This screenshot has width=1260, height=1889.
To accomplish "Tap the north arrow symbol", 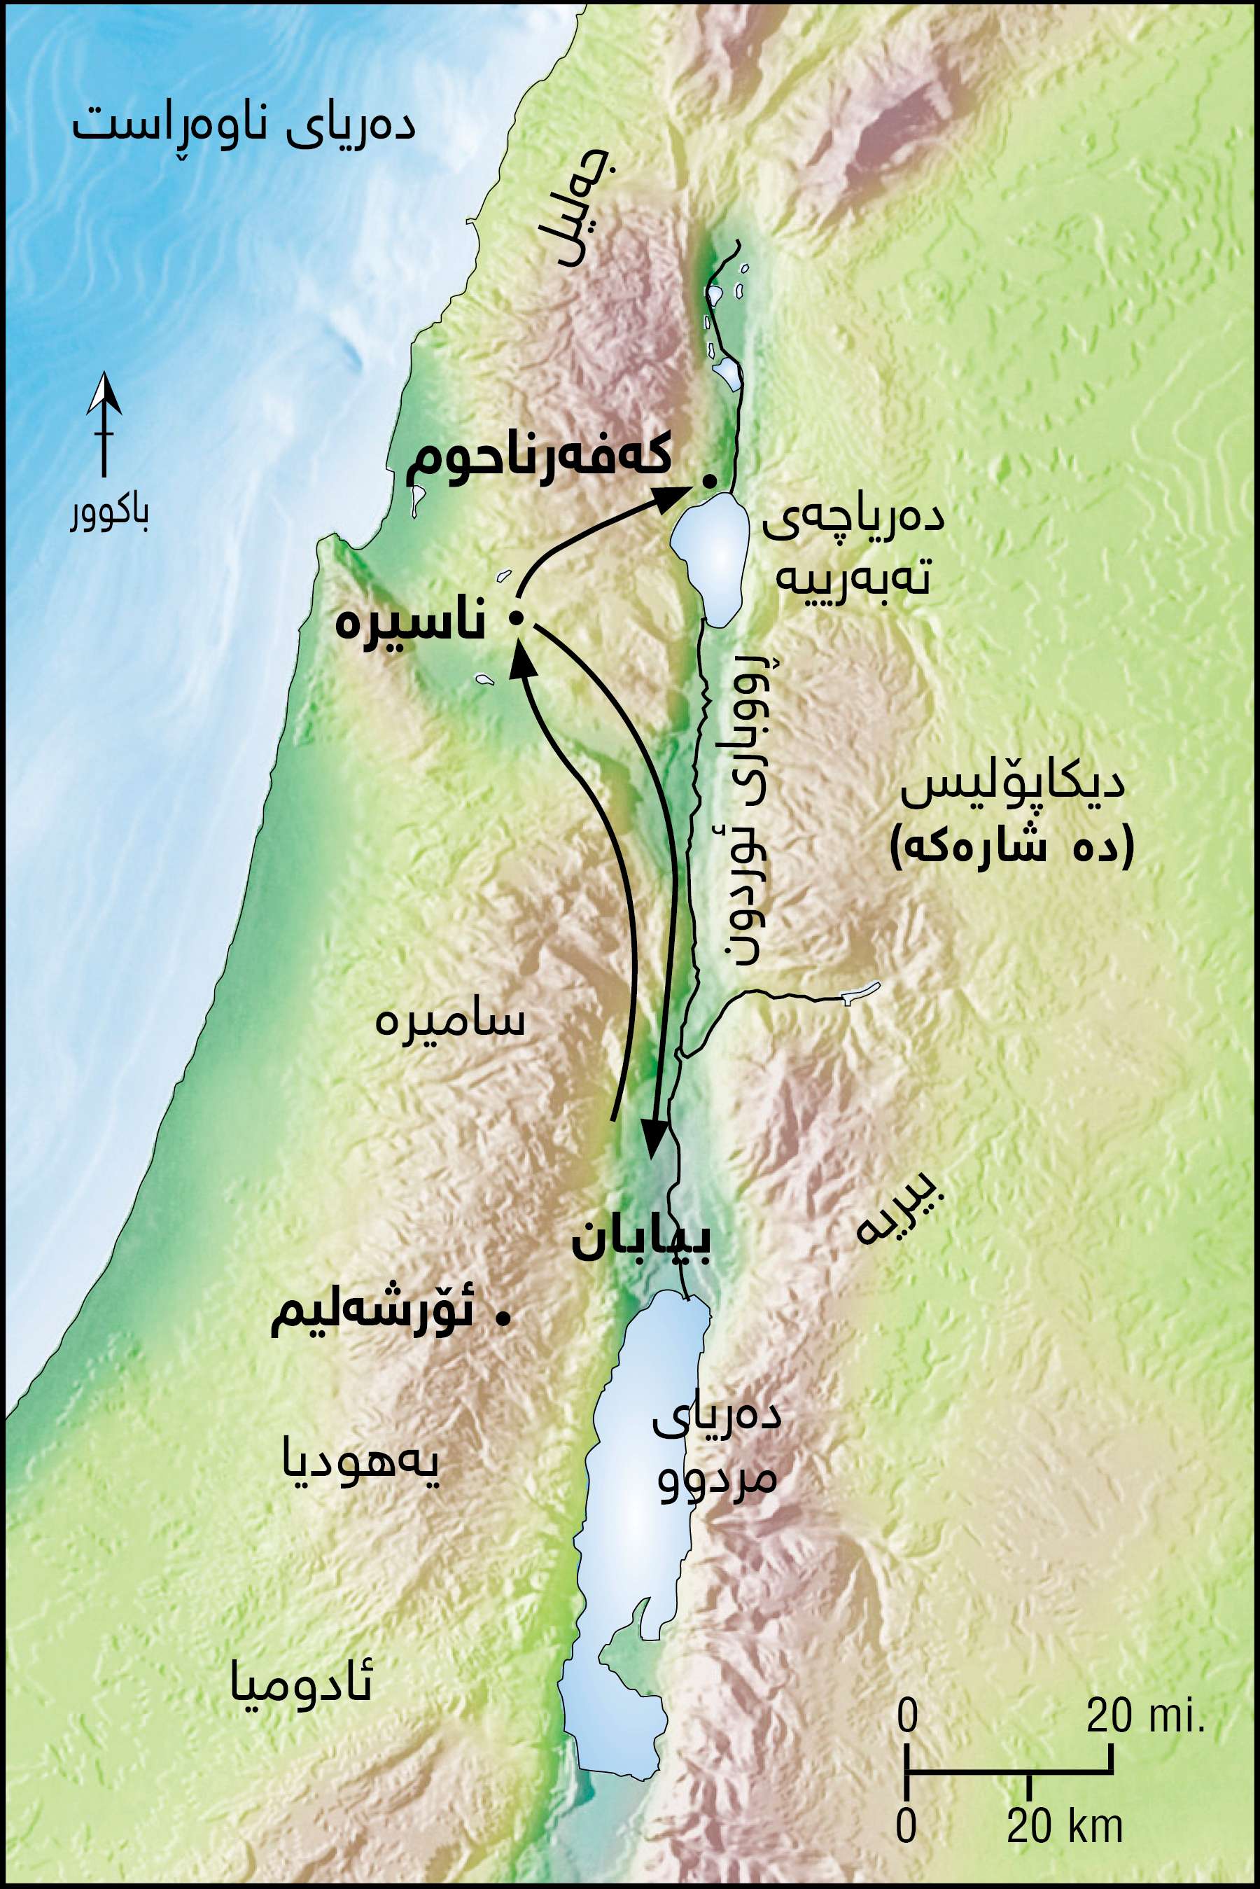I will [104, 426].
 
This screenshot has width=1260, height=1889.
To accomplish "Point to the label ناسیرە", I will [409, 622].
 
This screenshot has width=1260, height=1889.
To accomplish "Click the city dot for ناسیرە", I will [517, 618].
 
